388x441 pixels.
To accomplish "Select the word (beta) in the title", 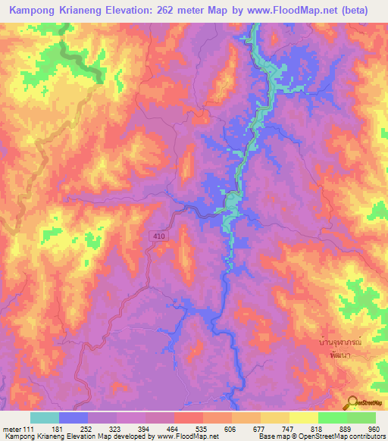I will click(x=364, y=10).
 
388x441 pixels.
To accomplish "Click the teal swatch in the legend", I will click(x=45, y=418).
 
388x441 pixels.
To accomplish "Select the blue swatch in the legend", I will click(x=74, y=418).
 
